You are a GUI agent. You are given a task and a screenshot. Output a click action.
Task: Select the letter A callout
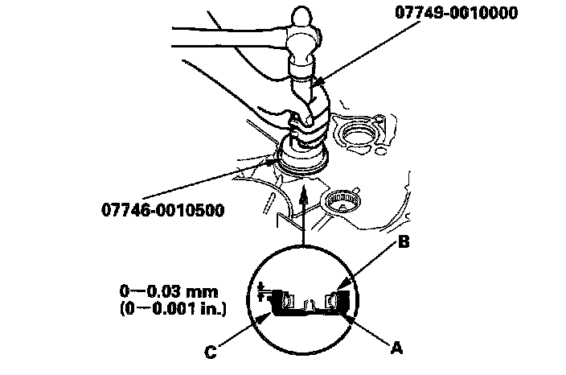tap(394, 348)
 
